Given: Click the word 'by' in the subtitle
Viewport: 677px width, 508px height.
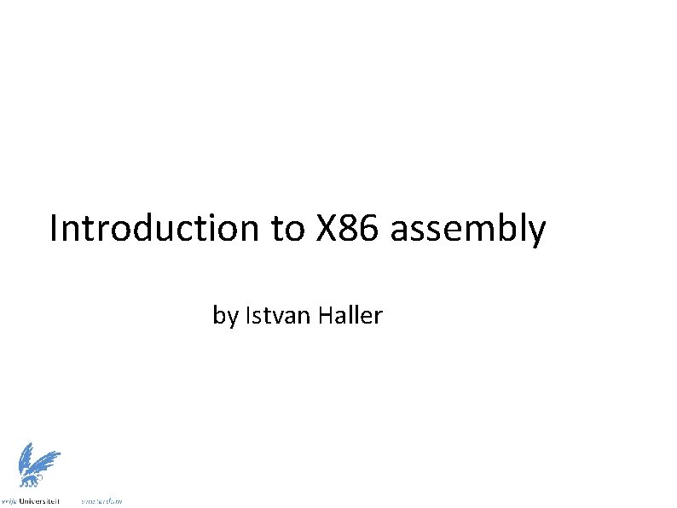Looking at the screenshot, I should point(225,317).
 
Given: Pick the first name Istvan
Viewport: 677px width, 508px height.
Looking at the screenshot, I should point(278,315).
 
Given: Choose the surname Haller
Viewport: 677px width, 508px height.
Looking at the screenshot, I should point(350,315).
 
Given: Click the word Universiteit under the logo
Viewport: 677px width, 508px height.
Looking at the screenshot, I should point(40,501).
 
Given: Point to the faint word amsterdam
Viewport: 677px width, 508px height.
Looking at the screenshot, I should point(101,501).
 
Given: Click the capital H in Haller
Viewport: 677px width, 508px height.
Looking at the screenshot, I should point(324,315).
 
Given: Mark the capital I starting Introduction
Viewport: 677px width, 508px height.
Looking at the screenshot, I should point(55,229).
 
